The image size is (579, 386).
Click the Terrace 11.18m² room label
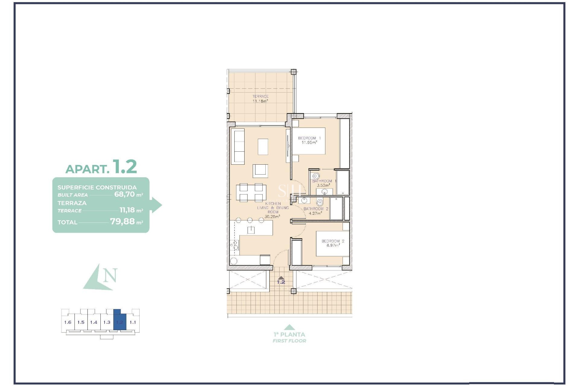tap(260, 99)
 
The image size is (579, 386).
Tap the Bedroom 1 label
tap(309, 140)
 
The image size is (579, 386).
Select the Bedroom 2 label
tap(333, 243)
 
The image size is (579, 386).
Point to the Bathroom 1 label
tap(324, 183)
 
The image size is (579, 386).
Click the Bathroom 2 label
tap(316, 211)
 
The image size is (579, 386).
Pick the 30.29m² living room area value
tap(272, 217)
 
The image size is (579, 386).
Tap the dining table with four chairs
tap(251, 192)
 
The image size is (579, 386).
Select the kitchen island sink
tap(251, 230)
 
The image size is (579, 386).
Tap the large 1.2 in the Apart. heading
tap(125, 166)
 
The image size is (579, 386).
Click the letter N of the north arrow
tap(110, 275)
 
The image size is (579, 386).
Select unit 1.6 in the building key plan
tap(68, 322)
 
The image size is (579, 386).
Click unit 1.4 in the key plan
tap(94, 322)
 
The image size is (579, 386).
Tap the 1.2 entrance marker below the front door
tap(281, 282)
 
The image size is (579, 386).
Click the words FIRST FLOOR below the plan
tap(289, 341)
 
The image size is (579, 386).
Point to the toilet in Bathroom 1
tap(316, 176)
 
